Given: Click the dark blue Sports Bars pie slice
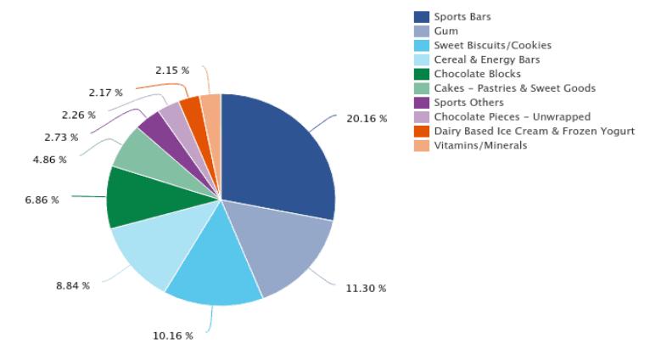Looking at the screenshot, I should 276,157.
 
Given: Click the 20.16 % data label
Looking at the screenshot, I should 367,119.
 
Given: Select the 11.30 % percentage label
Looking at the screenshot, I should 366,289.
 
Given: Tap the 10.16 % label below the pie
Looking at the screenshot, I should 172,335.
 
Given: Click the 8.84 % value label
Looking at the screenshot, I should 73,285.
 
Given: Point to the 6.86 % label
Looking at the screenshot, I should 42,200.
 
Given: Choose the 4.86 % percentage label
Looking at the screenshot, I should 50,160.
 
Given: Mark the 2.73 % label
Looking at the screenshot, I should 61,138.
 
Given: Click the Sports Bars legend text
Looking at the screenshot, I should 462,17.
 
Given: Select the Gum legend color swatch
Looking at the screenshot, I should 421,31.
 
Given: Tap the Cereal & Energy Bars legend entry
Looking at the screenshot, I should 486,59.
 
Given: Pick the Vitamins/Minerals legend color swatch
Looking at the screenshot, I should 421,145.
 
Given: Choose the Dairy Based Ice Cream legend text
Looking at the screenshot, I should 534,131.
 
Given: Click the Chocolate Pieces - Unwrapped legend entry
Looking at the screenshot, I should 512,116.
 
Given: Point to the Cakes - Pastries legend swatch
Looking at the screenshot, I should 421,88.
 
